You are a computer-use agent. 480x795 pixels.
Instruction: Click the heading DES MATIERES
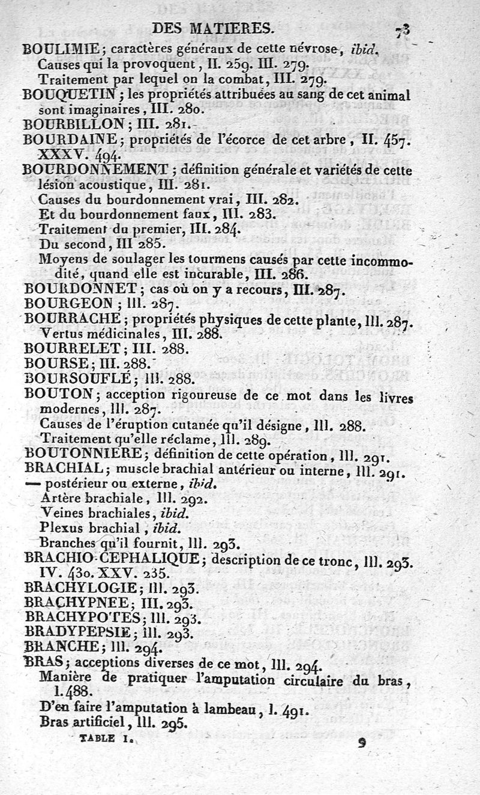[214, 28]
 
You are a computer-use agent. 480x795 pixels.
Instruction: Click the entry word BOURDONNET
[77, 288]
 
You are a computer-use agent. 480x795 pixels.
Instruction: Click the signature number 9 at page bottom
[361, 742]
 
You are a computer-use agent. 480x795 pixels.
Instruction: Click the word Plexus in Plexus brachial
[59, 527]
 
